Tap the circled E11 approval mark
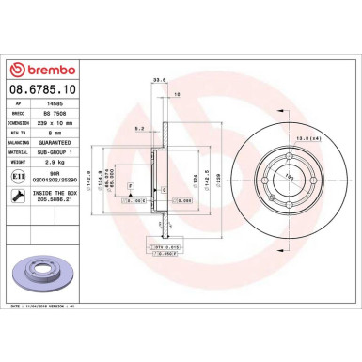(19, 176)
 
